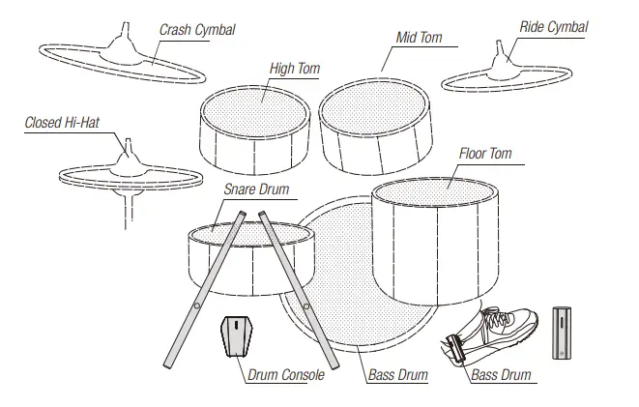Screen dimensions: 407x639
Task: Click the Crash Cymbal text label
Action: tap(197, 30)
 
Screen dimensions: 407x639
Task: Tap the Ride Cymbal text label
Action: tap(553, 27)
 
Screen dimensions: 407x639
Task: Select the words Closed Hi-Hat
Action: tap(62, 123)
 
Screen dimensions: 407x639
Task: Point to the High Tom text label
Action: tap(295, 69)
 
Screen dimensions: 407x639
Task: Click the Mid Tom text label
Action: tap(419, 38)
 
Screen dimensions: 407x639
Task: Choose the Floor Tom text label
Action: tap(485, 154)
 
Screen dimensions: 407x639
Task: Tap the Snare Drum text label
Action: tap(256, 189)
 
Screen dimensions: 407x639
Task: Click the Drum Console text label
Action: tap(285, 374)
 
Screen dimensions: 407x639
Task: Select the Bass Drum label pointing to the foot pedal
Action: tap(501, 374)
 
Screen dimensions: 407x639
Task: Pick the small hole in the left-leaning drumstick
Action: tap(198, 306)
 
